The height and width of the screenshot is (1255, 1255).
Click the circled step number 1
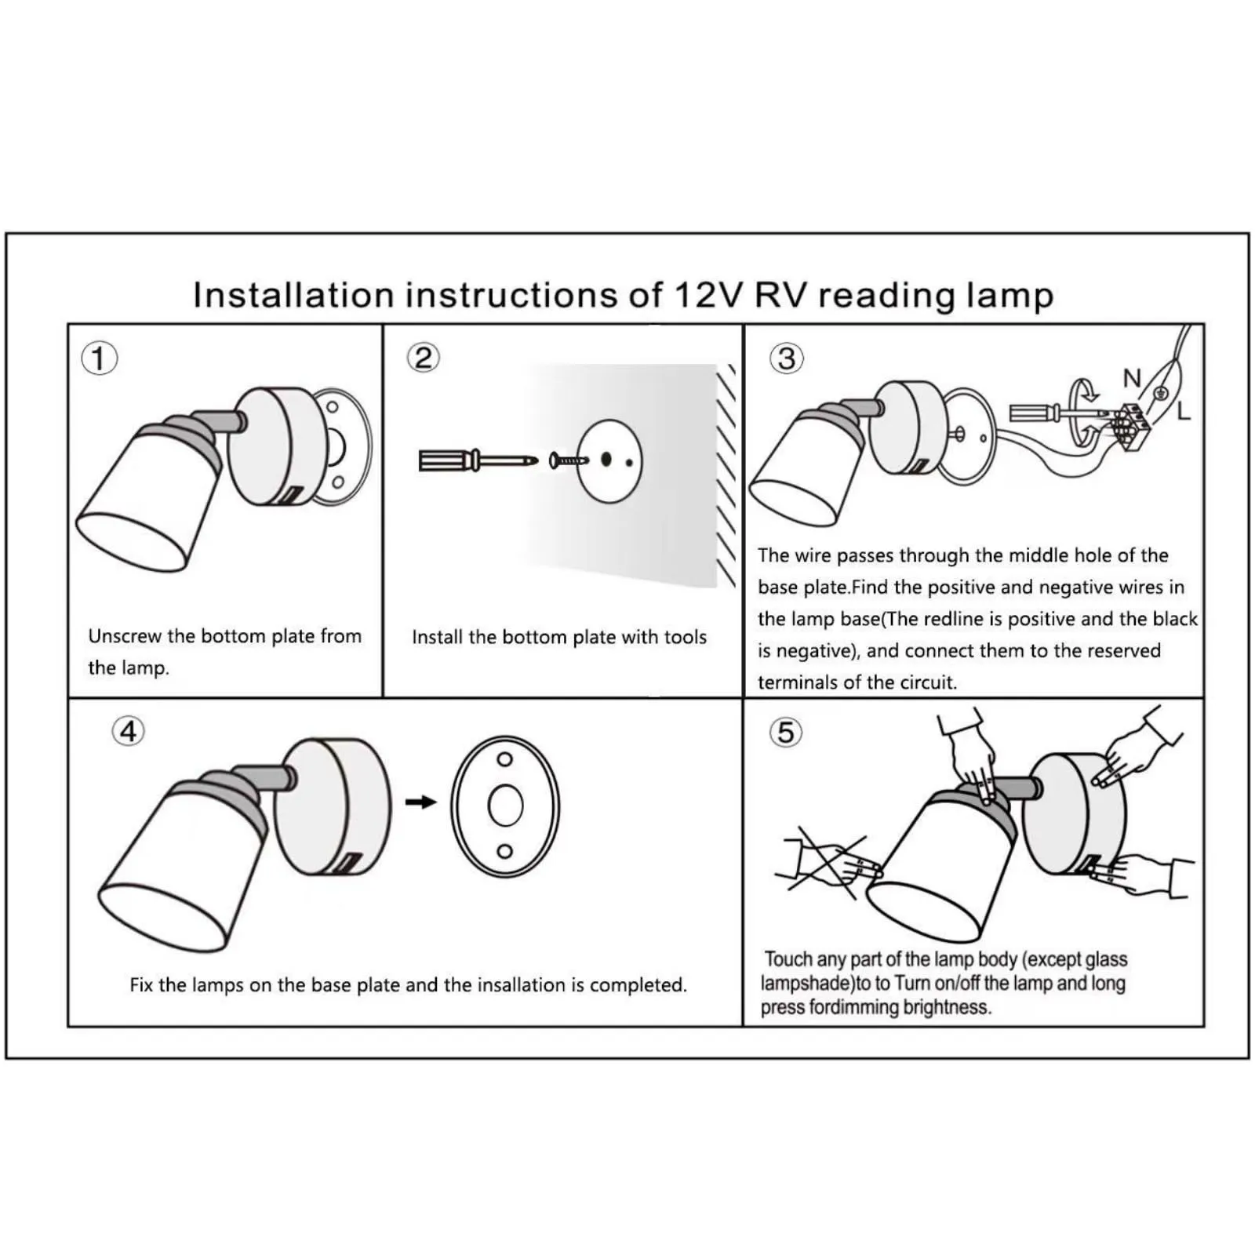click(99, 358)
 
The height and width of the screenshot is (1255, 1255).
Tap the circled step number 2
click(423, 358)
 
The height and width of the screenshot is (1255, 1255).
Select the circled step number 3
click(787, 358)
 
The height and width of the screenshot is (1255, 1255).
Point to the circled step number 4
click(129, 731)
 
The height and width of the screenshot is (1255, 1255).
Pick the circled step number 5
click(786, 732)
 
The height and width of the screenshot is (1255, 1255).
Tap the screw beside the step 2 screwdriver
click(568, 460)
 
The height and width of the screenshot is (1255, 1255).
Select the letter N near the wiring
click(1131, 378)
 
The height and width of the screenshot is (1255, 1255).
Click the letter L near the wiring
click(1184, 410)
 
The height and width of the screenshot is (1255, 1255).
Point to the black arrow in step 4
click(421, 802)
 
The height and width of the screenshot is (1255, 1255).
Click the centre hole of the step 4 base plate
click(505, 806)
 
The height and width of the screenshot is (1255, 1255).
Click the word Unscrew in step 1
click(125, 636)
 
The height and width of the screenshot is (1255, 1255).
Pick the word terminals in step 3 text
click(798, 682)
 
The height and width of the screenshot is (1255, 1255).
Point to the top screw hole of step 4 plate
click(505, 758)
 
